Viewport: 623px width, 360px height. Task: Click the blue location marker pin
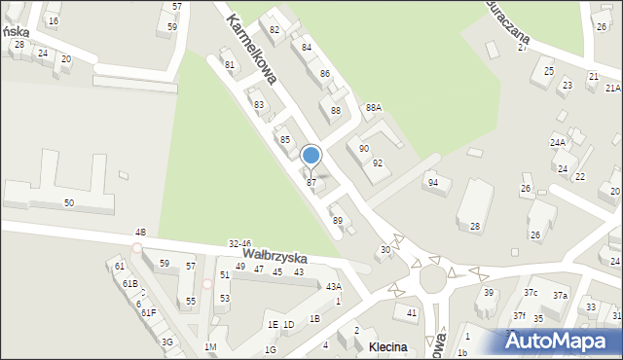pos(311,157)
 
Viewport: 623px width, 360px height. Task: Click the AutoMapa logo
pos(564,341)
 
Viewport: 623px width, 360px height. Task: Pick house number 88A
pos(373,108)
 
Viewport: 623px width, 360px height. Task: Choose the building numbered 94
pos(432,183)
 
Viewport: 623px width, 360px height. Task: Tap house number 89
pos(338,221)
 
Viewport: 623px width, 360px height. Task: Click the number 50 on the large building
pos(69,202)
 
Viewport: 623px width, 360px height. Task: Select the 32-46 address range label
pos(239,243)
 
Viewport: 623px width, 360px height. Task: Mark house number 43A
pos(333,286)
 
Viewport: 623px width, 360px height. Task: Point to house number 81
pos(230,65)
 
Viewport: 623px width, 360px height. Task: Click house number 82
pos(275,30)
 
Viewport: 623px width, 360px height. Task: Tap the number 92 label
pos(377,163)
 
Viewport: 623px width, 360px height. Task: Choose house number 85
pos(285,140)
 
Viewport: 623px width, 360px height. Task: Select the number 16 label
pos(53,20)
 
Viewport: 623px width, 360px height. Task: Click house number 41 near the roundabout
pos(412,312)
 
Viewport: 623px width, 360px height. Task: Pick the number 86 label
pos(325,74)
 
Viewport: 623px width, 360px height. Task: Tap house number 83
pos(259,104)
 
